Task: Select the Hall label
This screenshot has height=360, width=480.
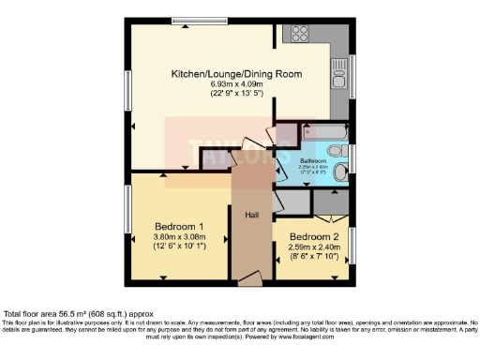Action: pos(252,215)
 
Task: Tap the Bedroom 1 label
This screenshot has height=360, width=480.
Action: pos(179,225)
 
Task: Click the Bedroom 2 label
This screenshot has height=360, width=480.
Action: pos(313,236)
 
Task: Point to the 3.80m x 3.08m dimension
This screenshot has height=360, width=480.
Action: pos(179,237)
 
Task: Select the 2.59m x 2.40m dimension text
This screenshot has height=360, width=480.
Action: pos(313,247)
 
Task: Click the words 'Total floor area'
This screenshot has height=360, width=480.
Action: pos(32,314)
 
